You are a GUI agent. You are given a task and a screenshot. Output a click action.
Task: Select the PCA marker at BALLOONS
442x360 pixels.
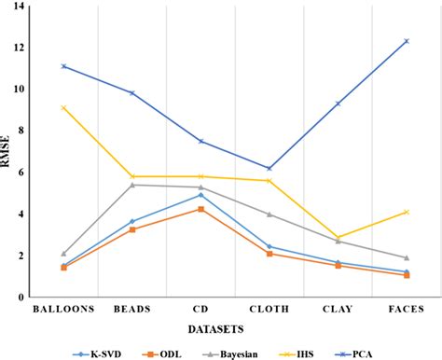pyautogui.click(x=62, y=66)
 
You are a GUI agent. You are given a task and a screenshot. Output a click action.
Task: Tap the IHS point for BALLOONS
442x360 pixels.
pyautogui.click(x=62, y=107)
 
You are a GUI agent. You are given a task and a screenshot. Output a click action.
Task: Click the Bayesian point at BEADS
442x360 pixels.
pyautogui.click(x=131, y=185)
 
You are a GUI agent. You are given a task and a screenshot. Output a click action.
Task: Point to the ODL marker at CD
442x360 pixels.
pyautogui.click(x=200, y=209)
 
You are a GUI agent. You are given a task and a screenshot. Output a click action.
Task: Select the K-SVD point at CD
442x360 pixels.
pyautogui.click(x=200, y=195)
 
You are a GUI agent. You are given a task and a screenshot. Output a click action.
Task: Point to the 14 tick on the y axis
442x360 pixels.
pyautogui.click(x=16, y=7)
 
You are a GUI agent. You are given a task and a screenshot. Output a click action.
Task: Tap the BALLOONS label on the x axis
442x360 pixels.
pyautogui.click(x=62, y=308)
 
